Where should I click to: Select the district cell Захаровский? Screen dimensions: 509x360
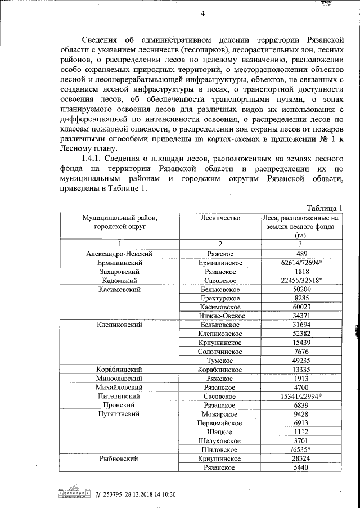[119, 271]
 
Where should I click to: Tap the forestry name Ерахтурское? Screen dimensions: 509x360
[220, 298]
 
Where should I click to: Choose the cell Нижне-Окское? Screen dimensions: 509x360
[220, 316]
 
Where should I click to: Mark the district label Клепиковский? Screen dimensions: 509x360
[119, 325]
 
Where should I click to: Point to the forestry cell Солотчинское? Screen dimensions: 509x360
[220, 352]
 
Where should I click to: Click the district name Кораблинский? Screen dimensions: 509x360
[119, 370]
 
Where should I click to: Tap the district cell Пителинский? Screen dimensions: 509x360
[119, 396]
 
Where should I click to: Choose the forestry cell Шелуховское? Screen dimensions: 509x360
[220, 440]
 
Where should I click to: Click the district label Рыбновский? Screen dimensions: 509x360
[119, 458]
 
